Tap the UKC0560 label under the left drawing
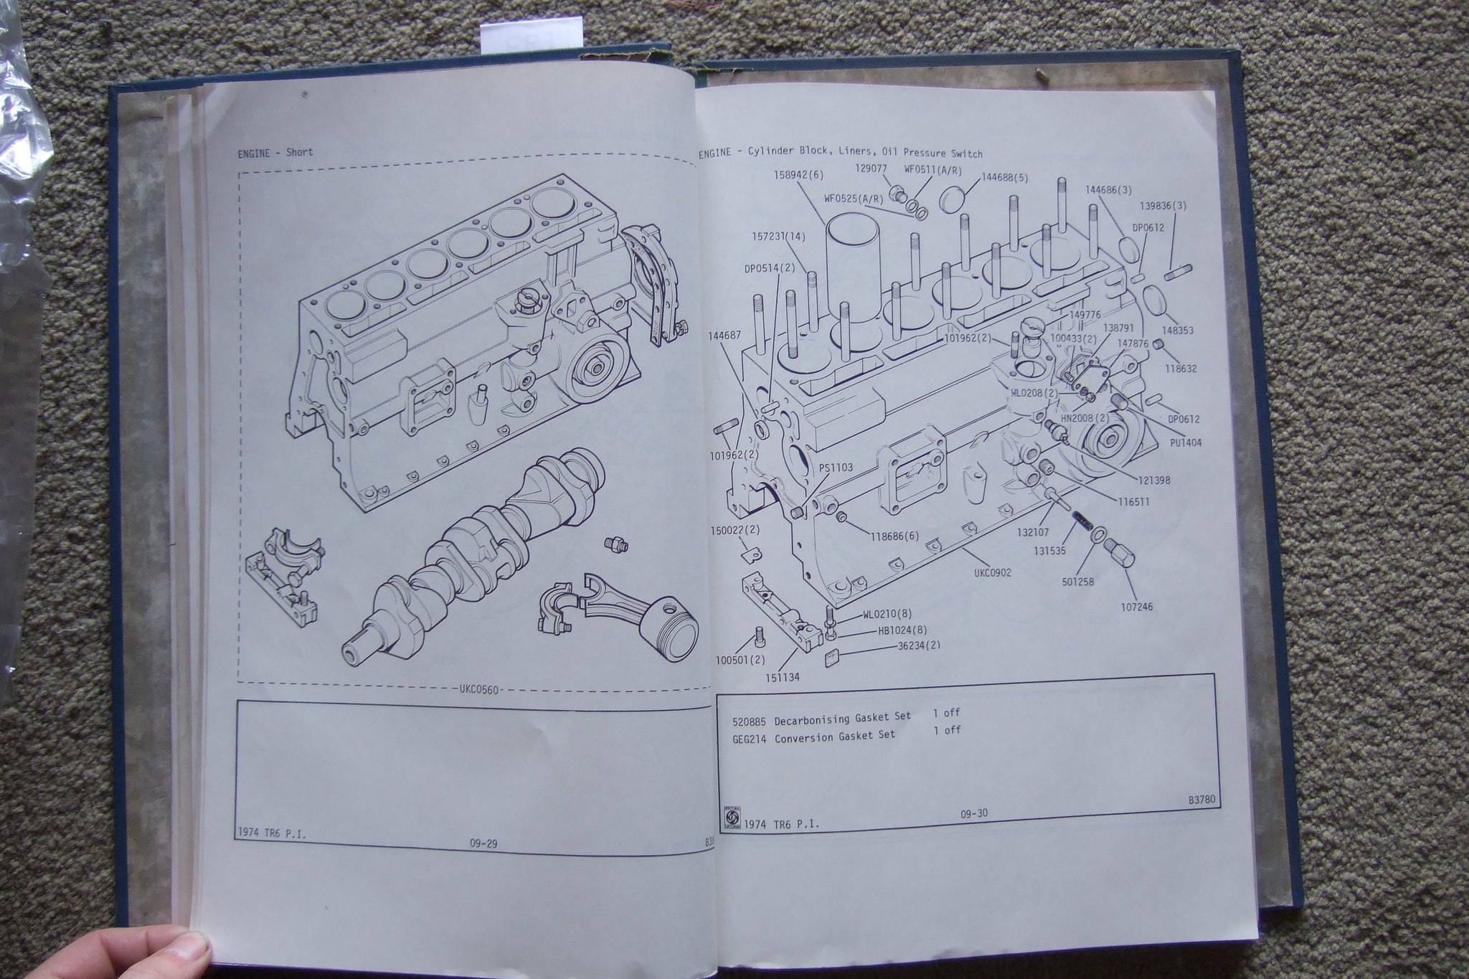coord(476,690)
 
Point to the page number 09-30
coord(974,813)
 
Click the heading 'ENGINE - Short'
coord(275,153)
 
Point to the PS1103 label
coord(836,468)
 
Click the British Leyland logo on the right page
coord(729,815)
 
